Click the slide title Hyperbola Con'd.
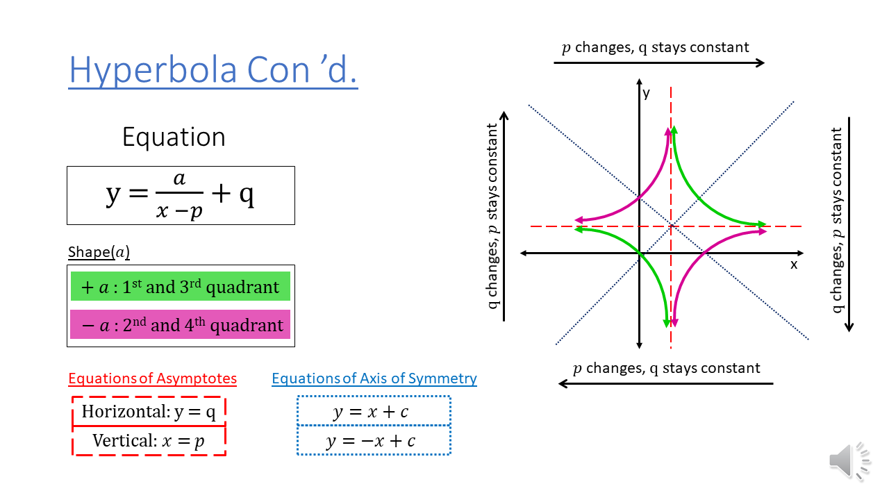[x=213, y=69]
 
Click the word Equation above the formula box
[x=174, y=137]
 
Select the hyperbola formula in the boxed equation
[x=181, y=195]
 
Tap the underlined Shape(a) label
[x=99, y=252]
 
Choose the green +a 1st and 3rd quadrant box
[x=181, y=287]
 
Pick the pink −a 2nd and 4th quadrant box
[x=181, y=325]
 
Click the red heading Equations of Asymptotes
[x=152, y=378]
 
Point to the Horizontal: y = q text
[x=149, y=412]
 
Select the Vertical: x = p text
[x=149, y=441]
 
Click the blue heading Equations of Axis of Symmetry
[x=374, y=378]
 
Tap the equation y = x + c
[x=371, y=412]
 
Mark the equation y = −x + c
[x=371, y=441]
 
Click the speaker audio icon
[x=849, y=461]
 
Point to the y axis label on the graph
[x=647, y=93]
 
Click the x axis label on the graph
[x=794, y=265]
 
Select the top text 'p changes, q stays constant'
[x=655, y=47]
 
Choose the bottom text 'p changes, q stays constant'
[x=666, y=368]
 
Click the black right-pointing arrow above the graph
[x=659, y=62]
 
